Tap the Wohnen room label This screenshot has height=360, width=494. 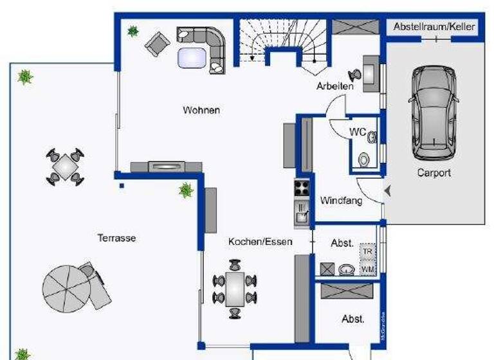pos(201,110)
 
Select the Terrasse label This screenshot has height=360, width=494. pos(116,238)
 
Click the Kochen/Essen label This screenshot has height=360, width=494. pos(260,242)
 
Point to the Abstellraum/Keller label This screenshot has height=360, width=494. pos(434,27)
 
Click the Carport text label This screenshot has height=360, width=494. pos(434,173)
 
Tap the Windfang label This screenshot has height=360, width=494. pos(341,201)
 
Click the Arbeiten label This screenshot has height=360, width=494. pos(334,86)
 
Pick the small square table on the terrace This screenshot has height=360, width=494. pos(65,166)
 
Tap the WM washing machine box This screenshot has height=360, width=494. pos(367,268)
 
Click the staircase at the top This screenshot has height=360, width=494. pos(283,42)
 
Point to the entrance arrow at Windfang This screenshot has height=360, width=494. pos(387,190)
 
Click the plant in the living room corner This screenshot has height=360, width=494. pos(133,30)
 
